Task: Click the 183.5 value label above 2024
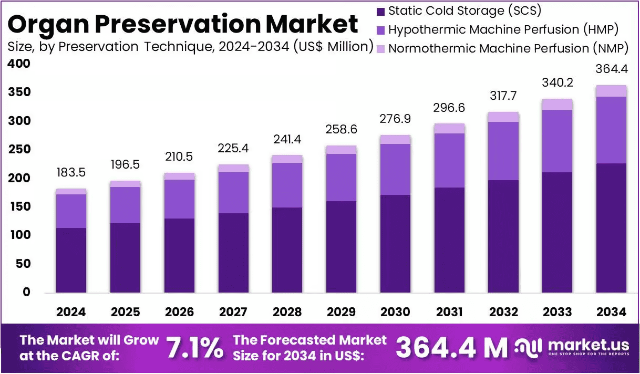point(71,172)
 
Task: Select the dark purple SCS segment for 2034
point(611,228)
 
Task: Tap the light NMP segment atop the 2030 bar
point(395,139)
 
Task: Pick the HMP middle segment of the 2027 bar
point(233,193)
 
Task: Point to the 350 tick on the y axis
point(19,92)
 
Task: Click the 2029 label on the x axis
point(341,311)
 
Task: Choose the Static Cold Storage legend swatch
point(380,12)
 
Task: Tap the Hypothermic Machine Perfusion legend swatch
point(380,30)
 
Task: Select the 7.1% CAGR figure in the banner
point(194,348)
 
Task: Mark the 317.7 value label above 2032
point(503,96)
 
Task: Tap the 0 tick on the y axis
point(26,292)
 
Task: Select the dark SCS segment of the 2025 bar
point(125,258)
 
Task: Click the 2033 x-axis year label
point(557,311)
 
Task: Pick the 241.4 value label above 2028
point(287,139)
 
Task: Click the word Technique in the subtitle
point(179,47)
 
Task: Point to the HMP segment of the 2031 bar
point(449,161)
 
